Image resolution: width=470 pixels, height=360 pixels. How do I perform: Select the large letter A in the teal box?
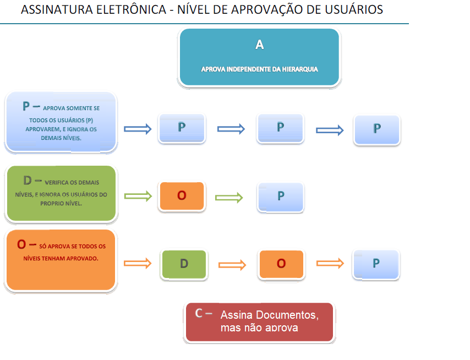pos(259,45)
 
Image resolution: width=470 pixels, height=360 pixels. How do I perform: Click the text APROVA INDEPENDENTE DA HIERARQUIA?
pos(259,69)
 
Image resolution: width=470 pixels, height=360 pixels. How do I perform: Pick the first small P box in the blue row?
pos(182,128)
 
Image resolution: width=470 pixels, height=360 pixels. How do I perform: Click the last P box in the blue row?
pos(377,129)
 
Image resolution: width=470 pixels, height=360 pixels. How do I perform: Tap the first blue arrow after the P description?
pos(138,129)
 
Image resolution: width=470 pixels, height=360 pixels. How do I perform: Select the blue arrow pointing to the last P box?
pos(330,130)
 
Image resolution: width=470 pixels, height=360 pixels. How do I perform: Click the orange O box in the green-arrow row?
pos(182,196)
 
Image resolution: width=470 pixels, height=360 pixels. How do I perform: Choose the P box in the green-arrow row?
pos(281,197)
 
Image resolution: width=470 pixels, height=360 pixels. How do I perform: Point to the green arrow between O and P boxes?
pos(228,198)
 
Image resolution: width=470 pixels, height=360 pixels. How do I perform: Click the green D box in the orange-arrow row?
pos(184,264)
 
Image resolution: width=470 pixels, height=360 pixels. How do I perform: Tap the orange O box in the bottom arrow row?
pos(281,264)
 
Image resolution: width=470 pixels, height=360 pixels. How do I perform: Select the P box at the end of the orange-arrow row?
pos(376,264)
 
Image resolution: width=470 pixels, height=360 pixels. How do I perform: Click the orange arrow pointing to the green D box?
pos(138,264)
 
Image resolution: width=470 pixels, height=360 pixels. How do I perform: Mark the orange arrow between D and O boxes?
pos(232,264)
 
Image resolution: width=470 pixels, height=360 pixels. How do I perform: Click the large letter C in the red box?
pos(200,313)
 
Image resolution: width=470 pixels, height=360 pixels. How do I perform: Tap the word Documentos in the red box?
pos(290,316)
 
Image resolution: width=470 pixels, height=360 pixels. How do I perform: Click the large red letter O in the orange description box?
pos(22,244)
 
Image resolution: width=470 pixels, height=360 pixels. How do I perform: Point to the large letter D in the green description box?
pos(28,181)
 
